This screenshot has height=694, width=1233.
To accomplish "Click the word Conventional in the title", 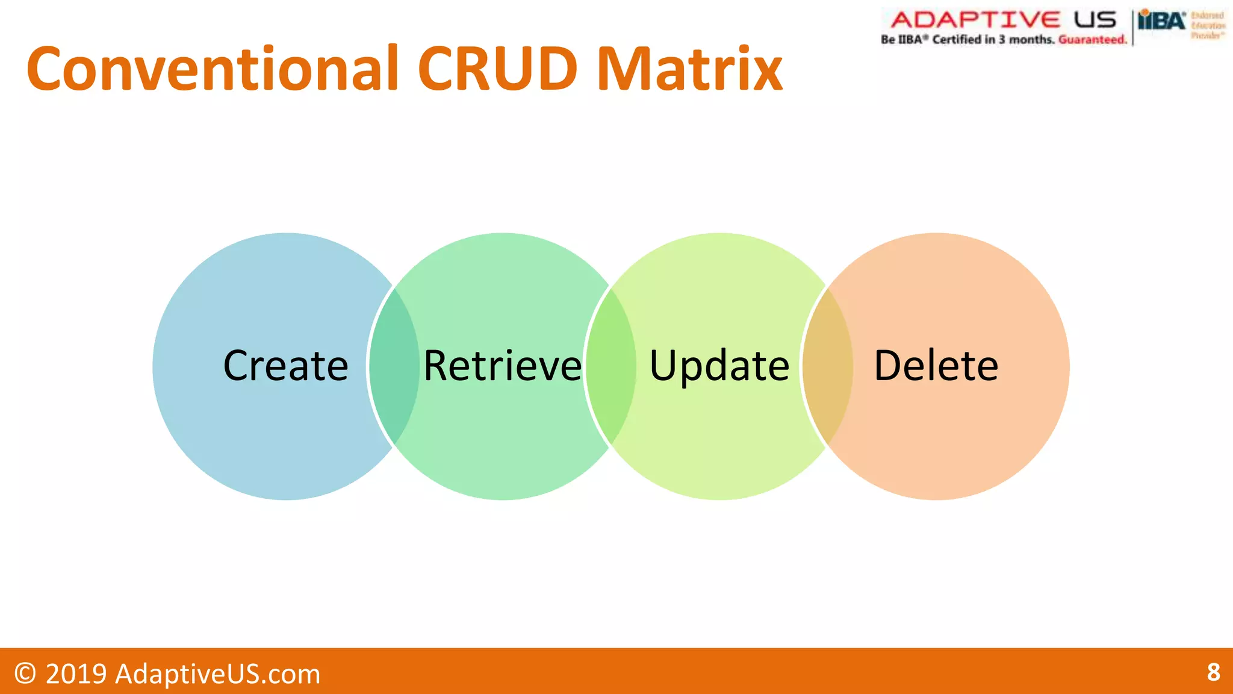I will [x=213, y=69].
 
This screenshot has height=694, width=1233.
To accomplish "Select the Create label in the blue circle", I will [x=285, y=366].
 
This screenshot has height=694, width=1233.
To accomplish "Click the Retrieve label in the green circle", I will [x=503, y=366].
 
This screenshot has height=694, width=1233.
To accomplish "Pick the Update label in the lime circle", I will [x=719, y=366].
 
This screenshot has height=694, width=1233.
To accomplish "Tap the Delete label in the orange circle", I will [x=936, y=366].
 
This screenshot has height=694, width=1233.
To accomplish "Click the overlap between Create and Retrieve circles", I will [x=394, y=366].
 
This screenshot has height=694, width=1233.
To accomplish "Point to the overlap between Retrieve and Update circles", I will [x=611, y=366].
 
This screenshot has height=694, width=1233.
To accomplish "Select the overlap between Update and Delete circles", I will [x=828, y=366].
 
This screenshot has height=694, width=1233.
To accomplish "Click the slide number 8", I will [x=1213, y=672].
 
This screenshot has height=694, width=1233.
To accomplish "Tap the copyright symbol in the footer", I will [x=25, y=674].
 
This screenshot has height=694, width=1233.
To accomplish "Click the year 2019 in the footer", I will [x=76, y=674].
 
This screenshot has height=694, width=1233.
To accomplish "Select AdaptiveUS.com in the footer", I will [x=217, y=674].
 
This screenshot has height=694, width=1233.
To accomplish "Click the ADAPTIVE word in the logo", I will [x=975, y=20].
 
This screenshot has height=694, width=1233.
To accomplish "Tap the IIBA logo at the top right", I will [x=1161, y=22].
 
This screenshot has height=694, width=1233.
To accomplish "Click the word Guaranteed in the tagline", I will [x=1092, y=40].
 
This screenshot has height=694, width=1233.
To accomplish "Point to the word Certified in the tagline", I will [x=957, y=40].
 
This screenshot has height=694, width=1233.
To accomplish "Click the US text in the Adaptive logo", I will [x=1095, y=20].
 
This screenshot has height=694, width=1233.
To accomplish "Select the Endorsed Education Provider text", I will [x=1208, y=25].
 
